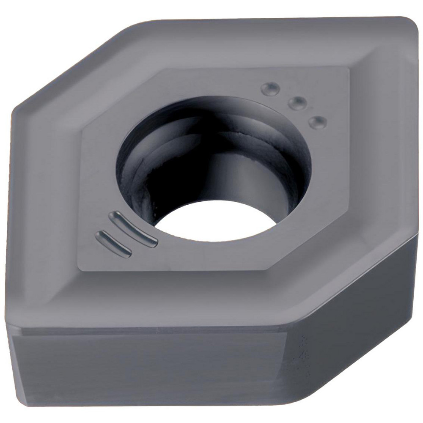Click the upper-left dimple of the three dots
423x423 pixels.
[270, 88]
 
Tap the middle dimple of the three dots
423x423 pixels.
[297, 103]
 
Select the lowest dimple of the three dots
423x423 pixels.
[317, 122]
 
